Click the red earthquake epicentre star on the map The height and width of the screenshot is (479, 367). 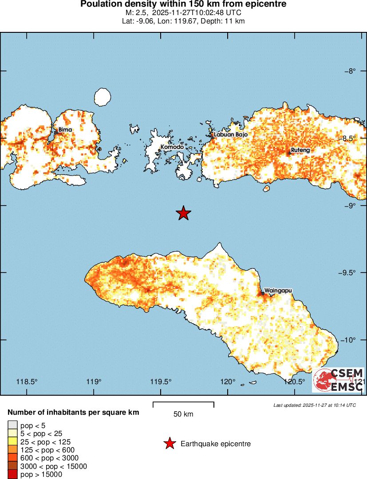tap(183, 213)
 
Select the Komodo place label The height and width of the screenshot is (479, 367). tap(172, 147)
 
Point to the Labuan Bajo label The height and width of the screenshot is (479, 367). tap(230, 135)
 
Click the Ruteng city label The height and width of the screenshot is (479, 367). tap(300, 151)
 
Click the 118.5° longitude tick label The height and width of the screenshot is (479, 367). tap(27, 382)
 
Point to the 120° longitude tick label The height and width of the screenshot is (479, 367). tap(228, 382)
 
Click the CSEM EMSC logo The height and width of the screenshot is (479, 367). tap(338, 380)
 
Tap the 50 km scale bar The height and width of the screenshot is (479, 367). tap(183, 405)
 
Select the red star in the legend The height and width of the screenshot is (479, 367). tap(169, 444)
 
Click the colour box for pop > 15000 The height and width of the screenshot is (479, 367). tap(13, 475)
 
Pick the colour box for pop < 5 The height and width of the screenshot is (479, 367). tap(13, 425)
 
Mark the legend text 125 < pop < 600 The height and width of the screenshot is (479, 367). tap(46, 450)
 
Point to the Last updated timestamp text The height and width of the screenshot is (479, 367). tap(314, 405)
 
